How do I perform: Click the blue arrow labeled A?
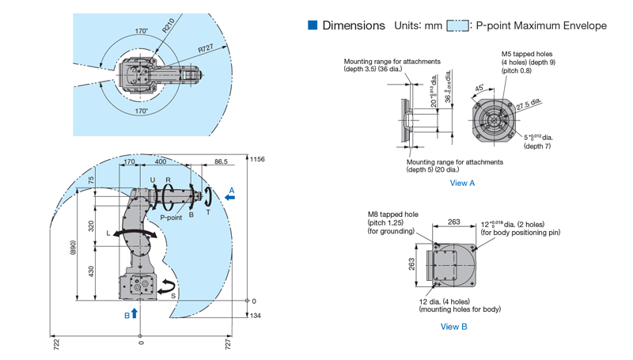pyautogui.click(x=230, y=199)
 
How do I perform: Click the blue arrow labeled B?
pyautogui.click(x=134, y=313)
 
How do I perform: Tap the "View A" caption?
pyautogui.click(x=462, y=183)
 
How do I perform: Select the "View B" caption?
pyautogui.click(x=453, y=327)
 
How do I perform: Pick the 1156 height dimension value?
pyautogui.click(x=258, y=159)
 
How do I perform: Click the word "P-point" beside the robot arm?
pyautogui.click(x=172, y=216)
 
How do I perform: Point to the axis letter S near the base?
pyautogui.click(x=173, y=296)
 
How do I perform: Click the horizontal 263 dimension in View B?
pyautogui.click(x=453, y=222)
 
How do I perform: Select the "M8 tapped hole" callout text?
pyautogui.click(x=392, y=214)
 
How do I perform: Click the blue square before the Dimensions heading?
pyautogui.click(x=313, y=25)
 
